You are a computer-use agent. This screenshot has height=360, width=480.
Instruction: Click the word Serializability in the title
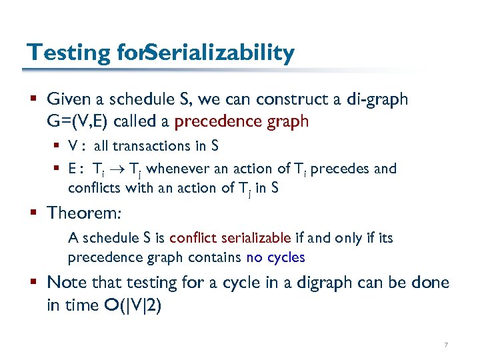click(x=219, y=53)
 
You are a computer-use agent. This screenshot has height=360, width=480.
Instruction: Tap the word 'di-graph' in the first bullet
click(x=378, y=100)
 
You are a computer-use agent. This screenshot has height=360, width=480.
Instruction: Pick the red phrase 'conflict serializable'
click(x=230, y=238)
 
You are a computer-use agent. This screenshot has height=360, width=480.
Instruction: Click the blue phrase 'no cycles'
click(x=275, y=257)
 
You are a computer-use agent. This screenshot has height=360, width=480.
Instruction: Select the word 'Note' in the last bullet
click(x=65, y=282)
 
